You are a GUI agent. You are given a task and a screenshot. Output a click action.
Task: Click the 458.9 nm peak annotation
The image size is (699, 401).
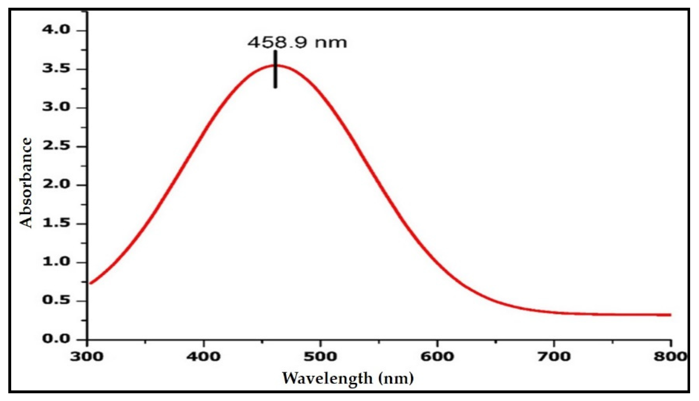click(x=297, y=43)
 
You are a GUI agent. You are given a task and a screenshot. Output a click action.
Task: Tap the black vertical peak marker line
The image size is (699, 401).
click(x=275, y=69)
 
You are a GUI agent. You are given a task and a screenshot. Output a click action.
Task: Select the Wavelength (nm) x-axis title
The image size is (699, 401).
click(x=348, y=378)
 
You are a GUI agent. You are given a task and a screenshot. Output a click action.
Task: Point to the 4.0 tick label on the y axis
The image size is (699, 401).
click(x=56, y=29)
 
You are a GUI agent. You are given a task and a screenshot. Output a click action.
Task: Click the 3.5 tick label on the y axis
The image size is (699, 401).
click(x=56, y=69)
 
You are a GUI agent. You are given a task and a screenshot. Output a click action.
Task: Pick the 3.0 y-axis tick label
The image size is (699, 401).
click(x=56, y=107)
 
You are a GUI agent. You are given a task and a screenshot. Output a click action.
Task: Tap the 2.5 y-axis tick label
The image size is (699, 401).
click(x=56, y=146)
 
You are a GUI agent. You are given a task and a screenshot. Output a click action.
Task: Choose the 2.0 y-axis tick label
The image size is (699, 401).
click(x=56, y=184)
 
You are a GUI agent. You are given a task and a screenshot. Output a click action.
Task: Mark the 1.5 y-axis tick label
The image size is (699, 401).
click(x=56, y=223)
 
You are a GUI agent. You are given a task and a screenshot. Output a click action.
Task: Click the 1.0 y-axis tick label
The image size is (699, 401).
click(x=56, y=262)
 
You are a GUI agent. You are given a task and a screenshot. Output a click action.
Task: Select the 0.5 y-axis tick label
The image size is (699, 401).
click(x=56, y=300)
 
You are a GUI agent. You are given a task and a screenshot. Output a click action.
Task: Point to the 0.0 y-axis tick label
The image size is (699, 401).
click(x=56, y=339)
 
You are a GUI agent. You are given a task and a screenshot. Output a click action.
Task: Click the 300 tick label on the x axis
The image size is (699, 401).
click(x=87, y=357)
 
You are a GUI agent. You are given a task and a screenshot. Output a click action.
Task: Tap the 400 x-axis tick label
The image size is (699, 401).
click(x=203, y=357)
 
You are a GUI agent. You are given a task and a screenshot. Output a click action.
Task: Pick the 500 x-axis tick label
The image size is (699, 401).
click(x=320, y=357)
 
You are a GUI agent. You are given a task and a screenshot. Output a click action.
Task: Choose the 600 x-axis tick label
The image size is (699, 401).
click(x=437, y=357)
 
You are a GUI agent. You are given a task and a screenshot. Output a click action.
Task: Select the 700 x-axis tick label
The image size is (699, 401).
click(x=554, y=357)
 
